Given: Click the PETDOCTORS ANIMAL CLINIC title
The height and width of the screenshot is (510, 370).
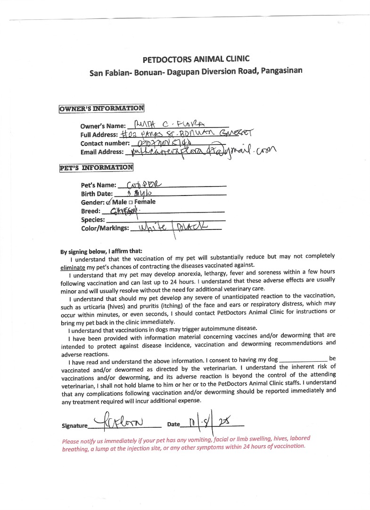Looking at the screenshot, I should point(196,59).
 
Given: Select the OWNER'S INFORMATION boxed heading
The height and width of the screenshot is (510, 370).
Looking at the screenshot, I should point(101,109).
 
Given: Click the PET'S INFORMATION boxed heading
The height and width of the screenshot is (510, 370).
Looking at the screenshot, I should point(96,167).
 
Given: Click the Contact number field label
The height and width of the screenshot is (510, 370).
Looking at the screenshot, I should point(105,143).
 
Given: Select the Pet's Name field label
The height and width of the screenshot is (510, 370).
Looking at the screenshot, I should point(99,185).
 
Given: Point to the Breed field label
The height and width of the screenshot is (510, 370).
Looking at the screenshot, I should point(90,211).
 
